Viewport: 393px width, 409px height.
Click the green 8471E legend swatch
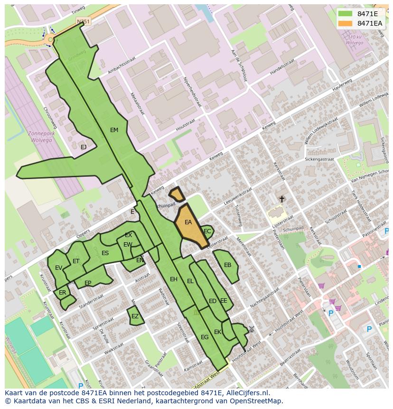click(x=345, y=14)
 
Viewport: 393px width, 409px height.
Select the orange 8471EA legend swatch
click(x=345, y=23)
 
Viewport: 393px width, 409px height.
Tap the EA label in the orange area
click(x=188, y=222)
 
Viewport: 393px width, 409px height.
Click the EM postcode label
click(x=114, y=130)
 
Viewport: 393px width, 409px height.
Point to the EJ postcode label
click(x=84, y=147)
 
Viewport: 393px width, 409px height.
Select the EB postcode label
click(x=227, y=265)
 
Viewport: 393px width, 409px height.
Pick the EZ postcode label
click(x=135, y=316)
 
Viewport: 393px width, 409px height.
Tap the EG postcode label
click(x=205, y=337)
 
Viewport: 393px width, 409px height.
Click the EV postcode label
click(x=58, y=268)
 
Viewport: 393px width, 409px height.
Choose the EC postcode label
click(x=207, y=231)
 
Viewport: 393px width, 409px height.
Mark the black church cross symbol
click(x=281, y=199)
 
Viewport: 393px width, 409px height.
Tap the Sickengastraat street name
click(x=319, y=160)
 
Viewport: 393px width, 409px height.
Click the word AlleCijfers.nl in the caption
click(x=247, y=393)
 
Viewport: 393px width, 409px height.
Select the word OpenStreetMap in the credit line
click(x=256, y=401)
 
